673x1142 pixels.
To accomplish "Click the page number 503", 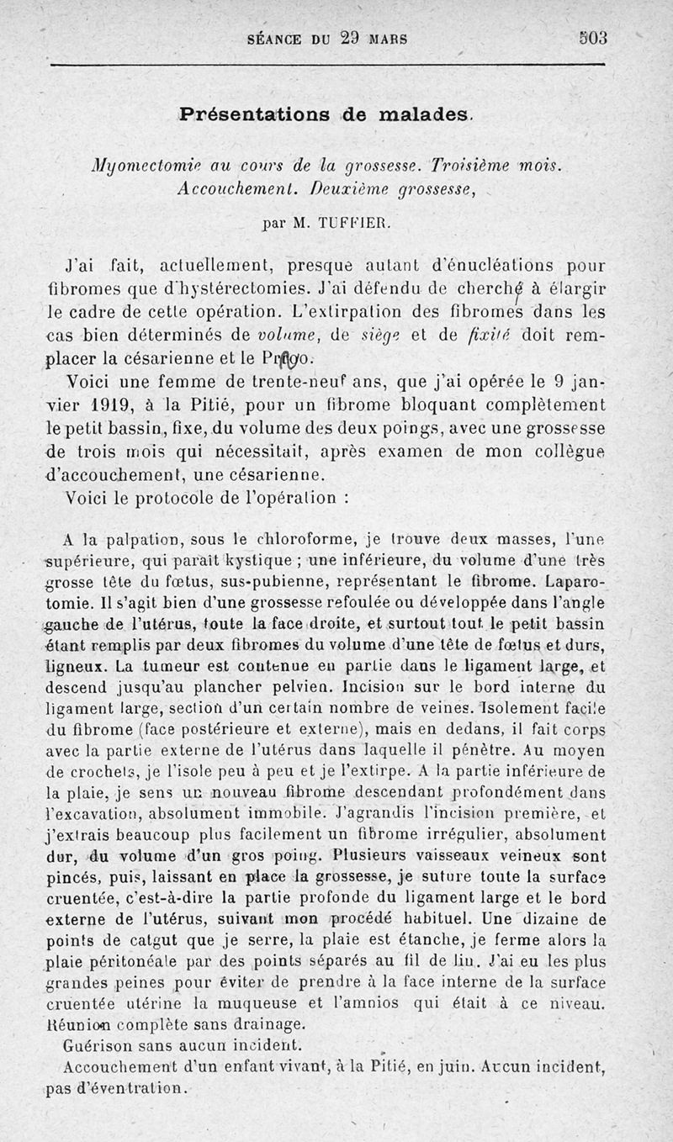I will click(x=592, y=38).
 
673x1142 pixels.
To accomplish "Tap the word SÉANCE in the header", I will click(x=278, y=39).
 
